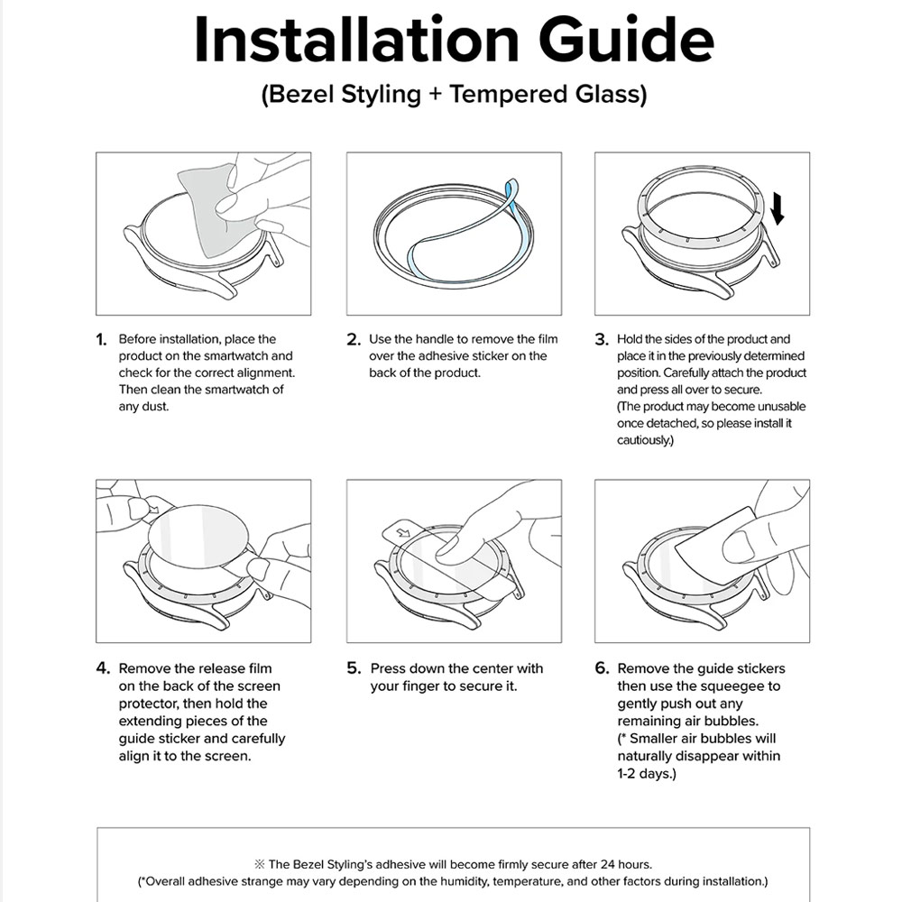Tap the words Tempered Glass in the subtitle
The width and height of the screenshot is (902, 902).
pyautogui.click(x=547, y=95)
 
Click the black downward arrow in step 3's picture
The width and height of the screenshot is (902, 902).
pyautogui.click(x=778, y=207)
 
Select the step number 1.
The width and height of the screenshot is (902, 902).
pyautogui.click(x=102, y=340)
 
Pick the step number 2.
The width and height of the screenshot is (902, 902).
pyautogui.click(x=354, y=340)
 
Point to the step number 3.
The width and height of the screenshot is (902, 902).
pyautogui.click(x=602, y=340)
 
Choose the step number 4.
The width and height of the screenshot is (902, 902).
pyautogui.click(x=103, y=669)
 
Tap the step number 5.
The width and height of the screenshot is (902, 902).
pyautogui.click(x=354, y=669)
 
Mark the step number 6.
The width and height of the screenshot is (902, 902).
pyautogui.click(x=602, y=669)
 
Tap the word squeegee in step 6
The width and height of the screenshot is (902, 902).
pyautogui.click(x=750, y=686)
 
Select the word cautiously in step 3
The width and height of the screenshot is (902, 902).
pyautogui.click(x=644, y=440)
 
